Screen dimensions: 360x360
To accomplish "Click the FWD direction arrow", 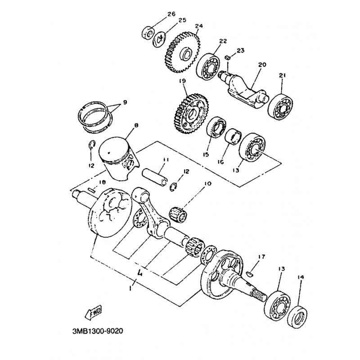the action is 93,312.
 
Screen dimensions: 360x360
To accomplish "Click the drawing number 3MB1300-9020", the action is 98,331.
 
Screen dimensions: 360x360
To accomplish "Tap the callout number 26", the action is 171,14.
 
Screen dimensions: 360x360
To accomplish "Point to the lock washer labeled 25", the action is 159,39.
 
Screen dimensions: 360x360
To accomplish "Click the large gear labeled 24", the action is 183,53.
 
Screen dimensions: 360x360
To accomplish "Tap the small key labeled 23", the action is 227,58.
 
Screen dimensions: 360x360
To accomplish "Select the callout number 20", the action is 262,65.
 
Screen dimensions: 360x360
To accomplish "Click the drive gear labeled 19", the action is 190,114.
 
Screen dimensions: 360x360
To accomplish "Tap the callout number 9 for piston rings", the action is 125,102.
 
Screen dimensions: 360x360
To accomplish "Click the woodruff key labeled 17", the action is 249,273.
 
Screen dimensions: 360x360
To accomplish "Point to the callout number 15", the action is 206,154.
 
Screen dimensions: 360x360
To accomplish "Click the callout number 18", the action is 102,182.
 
